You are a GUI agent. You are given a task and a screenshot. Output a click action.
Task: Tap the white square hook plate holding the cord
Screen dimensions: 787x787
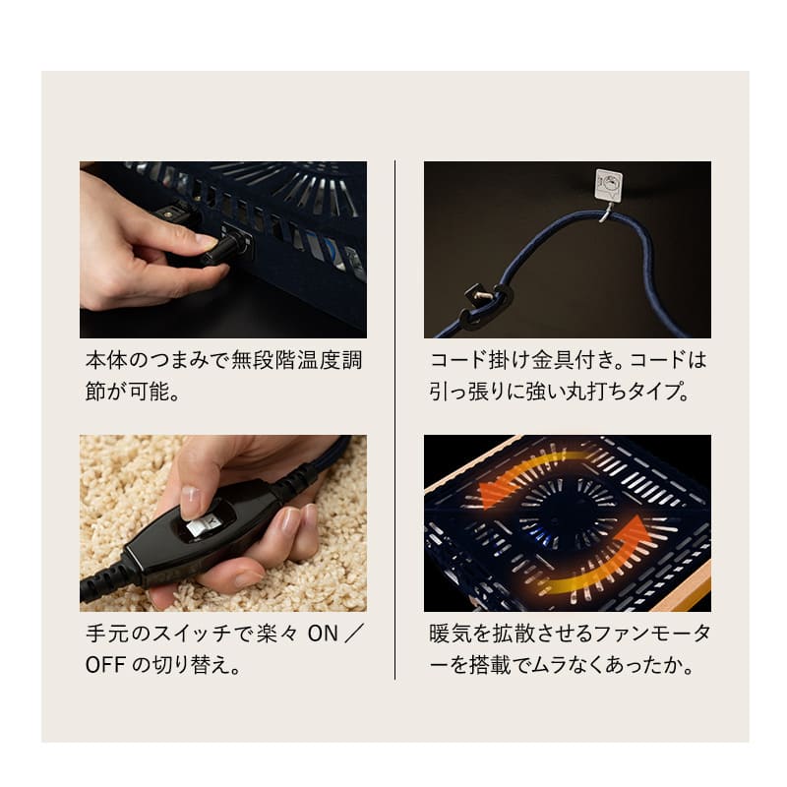click(x=608, y=185)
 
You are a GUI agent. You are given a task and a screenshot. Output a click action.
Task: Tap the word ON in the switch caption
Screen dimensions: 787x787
click(x=323, y=634)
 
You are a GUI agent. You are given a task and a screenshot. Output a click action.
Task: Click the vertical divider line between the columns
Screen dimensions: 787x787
click(x=395, y=420)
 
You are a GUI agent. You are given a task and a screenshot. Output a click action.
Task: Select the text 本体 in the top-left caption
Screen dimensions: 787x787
click(x=107, y=360)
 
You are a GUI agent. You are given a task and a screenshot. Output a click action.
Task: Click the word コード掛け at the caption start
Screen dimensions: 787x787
click(x=479, y=360)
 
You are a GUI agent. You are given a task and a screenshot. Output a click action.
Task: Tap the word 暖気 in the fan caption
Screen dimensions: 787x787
click(x=451, y=634)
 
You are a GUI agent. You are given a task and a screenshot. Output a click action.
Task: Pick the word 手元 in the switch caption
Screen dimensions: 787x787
click(x=107, y=634)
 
